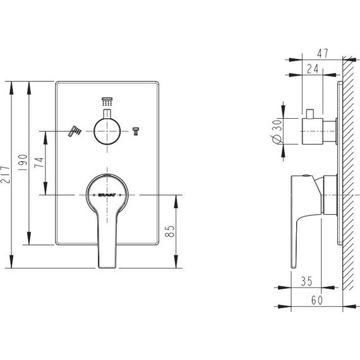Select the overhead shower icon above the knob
click(106, 102)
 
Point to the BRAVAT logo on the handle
click(106, 195)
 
